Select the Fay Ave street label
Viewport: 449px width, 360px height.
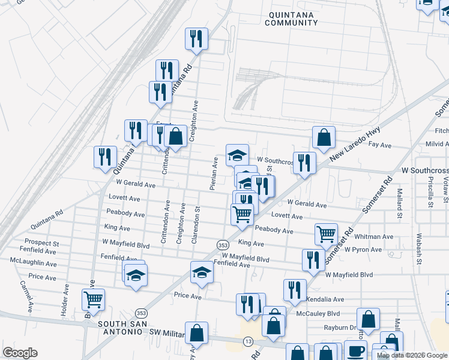point(379,145)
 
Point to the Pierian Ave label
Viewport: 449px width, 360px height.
point(213,174)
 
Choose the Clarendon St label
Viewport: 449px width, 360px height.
point(195,224)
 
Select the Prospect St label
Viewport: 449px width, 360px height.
point(37,244)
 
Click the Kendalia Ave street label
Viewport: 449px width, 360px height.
point(325,299)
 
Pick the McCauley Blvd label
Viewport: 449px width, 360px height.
point(318,313)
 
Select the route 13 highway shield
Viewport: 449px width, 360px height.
point(248,341)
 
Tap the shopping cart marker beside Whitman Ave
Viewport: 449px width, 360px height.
point(326,233)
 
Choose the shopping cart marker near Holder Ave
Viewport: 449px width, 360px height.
point(94,299)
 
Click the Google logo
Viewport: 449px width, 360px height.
point(20,353)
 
